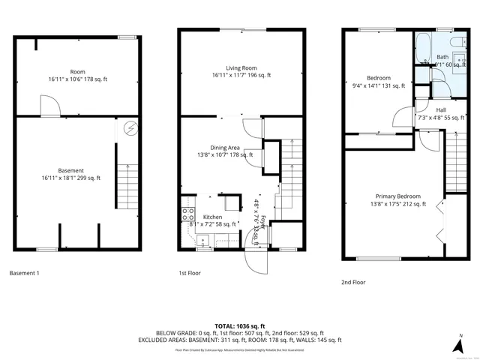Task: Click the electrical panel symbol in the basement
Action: [130, 128]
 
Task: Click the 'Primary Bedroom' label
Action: [394, 196]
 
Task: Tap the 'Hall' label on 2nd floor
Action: [441, 109]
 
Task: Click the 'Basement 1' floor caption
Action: [24, 273]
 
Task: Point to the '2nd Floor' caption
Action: [352, 283]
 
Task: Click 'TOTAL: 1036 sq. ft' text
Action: [240, 326]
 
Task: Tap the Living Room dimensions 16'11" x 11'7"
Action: [241, 75]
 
